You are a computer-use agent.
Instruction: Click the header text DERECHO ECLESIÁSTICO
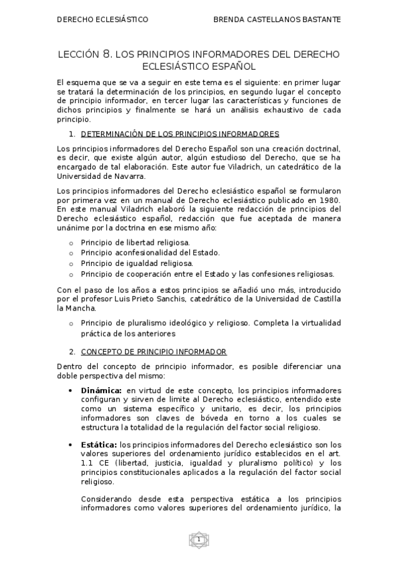[103, 20]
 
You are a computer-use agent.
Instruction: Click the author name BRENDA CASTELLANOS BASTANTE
[277, 20]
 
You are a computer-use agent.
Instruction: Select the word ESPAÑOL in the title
[231, 67]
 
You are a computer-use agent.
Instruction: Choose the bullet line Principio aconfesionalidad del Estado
[150, 253]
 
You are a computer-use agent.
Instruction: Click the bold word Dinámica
[101, 390]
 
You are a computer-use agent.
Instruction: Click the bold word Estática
[98, 444]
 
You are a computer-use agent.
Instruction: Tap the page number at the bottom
[198, 539]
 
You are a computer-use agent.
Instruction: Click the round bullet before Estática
[71, 444]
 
